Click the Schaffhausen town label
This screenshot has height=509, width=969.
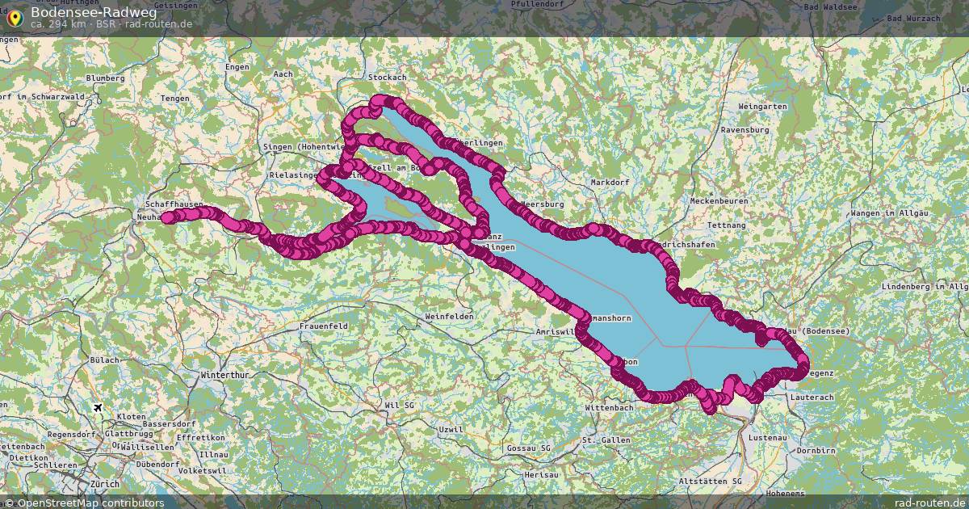click(x=174, y=205)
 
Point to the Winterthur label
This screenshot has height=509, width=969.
click(x=224, y=376)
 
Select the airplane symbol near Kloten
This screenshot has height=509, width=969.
click(x=99, y=407)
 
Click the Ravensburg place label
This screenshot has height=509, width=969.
click(x=746, y=129)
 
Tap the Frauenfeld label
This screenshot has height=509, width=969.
click(x=323, y=326)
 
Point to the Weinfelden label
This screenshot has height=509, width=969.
click(x=449, y=317)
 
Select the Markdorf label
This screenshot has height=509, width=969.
click(x=610, y=183)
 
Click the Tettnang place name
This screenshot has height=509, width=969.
click(x=725, y=225)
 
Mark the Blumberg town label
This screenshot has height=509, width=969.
click(x=105, y=78)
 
